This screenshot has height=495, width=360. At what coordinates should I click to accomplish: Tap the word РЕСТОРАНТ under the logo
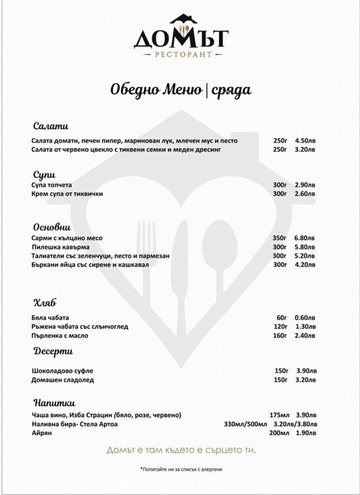click(180, 55)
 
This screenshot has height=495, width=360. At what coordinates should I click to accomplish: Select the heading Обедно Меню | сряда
click(180, 90)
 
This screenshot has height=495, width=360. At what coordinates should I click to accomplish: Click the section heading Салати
click(50, 126)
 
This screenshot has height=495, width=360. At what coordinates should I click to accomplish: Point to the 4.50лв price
click(305, 141)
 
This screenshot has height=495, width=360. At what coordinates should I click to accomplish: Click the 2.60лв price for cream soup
click(305, 194)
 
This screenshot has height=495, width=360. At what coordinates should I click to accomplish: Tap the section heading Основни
click(52, 227)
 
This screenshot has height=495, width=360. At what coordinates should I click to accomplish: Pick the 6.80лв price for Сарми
click(305, 238)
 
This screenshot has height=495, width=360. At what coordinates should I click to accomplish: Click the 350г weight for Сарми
click(279, 238)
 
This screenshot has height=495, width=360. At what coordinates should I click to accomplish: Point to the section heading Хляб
click(45, 303)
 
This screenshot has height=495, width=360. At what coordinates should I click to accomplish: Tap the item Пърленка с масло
click(60, 336)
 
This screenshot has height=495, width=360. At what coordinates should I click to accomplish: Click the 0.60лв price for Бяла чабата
click(305, 318)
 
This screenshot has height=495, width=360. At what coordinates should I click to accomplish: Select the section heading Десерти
click(53, 352)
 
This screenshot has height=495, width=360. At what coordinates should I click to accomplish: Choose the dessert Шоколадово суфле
click(59, 371)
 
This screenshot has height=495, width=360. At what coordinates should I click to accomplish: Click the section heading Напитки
click(54, 403)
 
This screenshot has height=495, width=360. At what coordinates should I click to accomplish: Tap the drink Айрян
click(42, 433)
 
